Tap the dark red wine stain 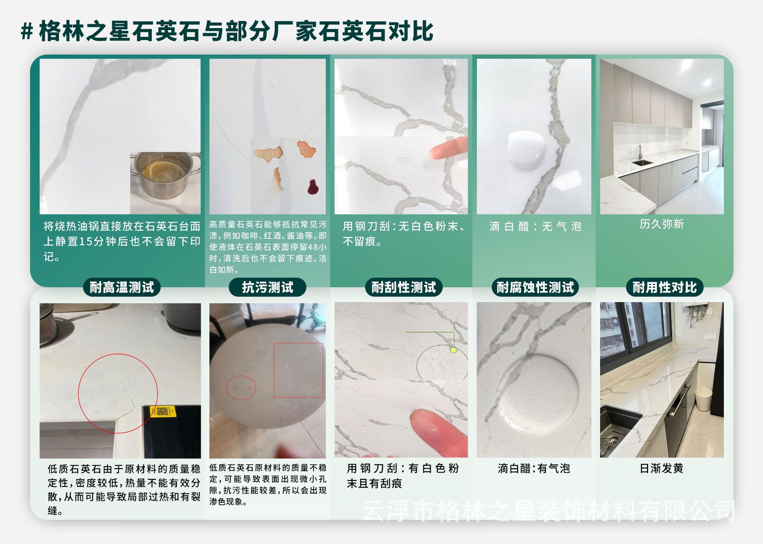[313, 188]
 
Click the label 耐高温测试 [122, 287]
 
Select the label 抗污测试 [267, 287]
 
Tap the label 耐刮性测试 [403, 287]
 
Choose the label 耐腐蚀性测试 [535, 287]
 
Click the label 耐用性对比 [664, 287]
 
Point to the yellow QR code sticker [163, 411]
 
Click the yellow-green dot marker [453, 350]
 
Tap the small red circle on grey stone [241, 387]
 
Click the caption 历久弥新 [661, 224]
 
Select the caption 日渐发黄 [661, 468]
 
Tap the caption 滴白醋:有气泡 [534, 468]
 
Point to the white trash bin [703, 399]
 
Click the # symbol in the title [27, 31]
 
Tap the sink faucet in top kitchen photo [640, 153]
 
